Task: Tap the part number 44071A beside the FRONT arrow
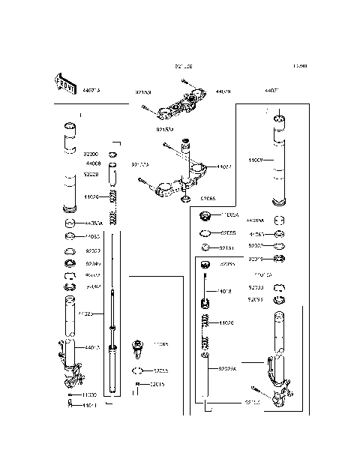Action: pyautogui.click(x=93, y=90)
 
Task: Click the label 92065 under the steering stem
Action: pyautogui.click(x=208, y=199)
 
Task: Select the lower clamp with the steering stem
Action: pyautogui.click(x=184, y=184)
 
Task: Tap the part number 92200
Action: pyautogui.click(x=91, y=153)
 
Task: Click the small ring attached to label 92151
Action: pyautogui.click(x=204, y=246)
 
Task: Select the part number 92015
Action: pyautogui.click(x=157, y=385)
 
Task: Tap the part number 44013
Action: pyautogui.click(x=93, y=347)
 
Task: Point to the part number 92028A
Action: pyautogui.click(x=226, y=368)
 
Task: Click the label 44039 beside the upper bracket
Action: pyautogui.click(x=223, y=91)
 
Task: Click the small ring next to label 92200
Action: pyautogui.click(x=113, y=154)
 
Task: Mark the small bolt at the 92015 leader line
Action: pyautogui.click(x=138, y=387)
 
